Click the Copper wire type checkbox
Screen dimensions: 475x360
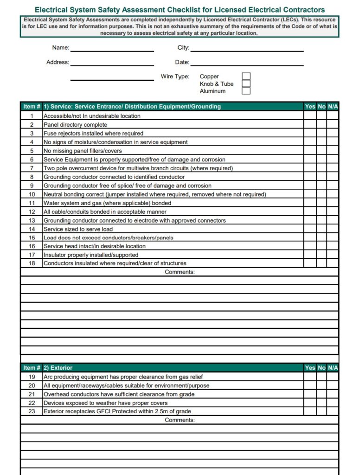tap(246, 77)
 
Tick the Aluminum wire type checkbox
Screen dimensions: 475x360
tap(246, 91)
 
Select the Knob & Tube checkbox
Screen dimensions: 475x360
tap(246, 84)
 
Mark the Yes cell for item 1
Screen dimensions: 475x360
tap(310, 116)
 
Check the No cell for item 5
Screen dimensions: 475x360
tap(321, 151)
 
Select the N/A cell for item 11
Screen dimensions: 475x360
tap(333, 203)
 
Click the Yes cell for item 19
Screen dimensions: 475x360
tap(310, 377)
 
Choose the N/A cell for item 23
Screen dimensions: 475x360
tap(333, 411)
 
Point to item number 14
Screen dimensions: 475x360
tap(32, 229)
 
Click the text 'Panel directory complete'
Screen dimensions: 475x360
tap(75, 125)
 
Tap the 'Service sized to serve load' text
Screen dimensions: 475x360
tap(78, 229)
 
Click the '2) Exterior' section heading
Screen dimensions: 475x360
tap(58, 368)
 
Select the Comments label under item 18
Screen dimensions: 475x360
tap(180, 272)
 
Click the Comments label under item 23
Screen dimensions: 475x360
tap(180, 420)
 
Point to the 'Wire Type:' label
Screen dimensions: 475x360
tap(175, 77)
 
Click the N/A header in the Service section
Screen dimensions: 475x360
tap(333, 107)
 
